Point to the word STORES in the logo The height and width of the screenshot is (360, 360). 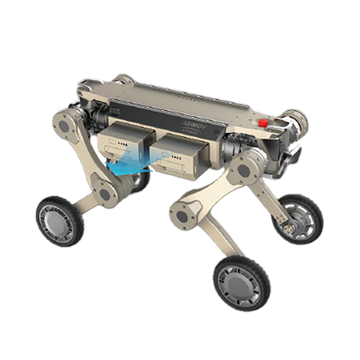tap(190, 132)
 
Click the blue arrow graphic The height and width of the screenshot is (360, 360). tap(133, 163)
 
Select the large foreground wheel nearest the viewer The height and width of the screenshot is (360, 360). tap(242, 283)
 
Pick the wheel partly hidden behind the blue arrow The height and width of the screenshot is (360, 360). tap(138, 179)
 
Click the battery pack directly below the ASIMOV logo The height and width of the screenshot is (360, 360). tap(180, 156)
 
